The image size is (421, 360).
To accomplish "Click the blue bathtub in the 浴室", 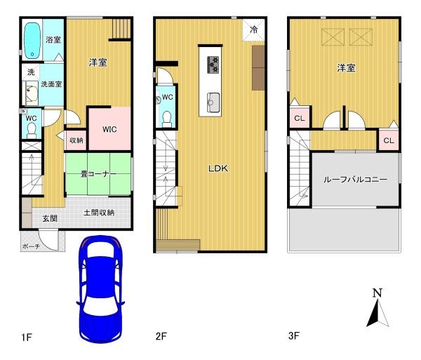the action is [x=32, y=41].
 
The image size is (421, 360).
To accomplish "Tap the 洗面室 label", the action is [x=51, y=84].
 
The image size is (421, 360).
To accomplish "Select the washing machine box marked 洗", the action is [x=31, y=72].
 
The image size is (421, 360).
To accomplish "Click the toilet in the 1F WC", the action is [x=32, y=130].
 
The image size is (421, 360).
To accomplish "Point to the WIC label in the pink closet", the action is [x=109, y=129].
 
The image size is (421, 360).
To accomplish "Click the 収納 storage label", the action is [x=76, y=140].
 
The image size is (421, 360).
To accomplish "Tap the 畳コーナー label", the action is [x=99, y=174].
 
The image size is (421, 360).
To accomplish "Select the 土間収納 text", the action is [x=99, y=213].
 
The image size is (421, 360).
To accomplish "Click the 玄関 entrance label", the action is [x=50, y=218].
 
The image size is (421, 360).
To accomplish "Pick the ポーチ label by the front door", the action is [x=31, y=246].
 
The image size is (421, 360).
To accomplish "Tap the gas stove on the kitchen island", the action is [x=213, y=65].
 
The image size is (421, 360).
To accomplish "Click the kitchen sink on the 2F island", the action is [x=213, y=102].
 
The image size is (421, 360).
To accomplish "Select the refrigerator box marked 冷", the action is [x=253, y=29].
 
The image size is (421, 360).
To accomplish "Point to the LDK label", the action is [x=218, y=168].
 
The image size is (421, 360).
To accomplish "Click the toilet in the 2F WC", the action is [x=167, y=119].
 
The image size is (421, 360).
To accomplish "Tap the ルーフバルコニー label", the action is [x=355, y=180].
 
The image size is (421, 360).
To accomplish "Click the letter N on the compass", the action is [x=377, y=293].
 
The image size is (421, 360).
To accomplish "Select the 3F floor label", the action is [x=294, y=335].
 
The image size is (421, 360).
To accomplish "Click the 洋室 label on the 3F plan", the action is [x=347, y=68].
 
